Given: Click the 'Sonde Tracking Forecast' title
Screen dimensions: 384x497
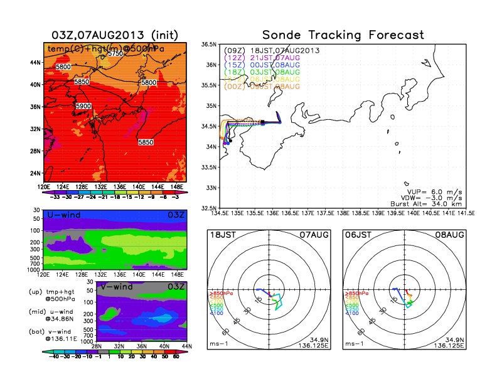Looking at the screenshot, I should point(343,35).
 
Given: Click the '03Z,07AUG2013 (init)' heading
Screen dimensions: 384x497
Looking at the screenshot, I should point(114,35).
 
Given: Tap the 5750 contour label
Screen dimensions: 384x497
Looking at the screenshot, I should point(115,54).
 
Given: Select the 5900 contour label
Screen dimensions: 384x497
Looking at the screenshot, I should point(83,107).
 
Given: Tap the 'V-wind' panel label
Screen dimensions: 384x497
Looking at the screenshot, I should point(117,287).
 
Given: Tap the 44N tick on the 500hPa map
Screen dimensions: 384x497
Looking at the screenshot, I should point(36,63).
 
